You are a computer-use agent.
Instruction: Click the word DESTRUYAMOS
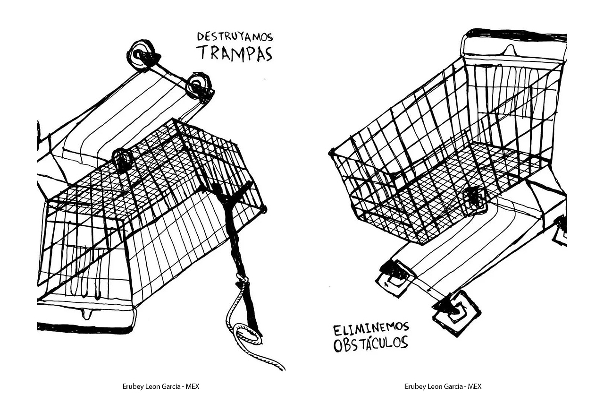(235, 37)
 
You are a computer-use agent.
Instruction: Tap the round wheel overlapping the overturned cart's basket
(122, 160)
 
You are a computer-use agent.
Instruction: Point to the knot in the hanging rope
(242, 279)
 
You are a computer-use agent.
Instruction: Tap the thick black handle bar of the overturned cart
(84, 327)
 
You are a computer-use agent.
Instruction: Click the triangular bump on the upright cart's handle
(509, 50)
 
